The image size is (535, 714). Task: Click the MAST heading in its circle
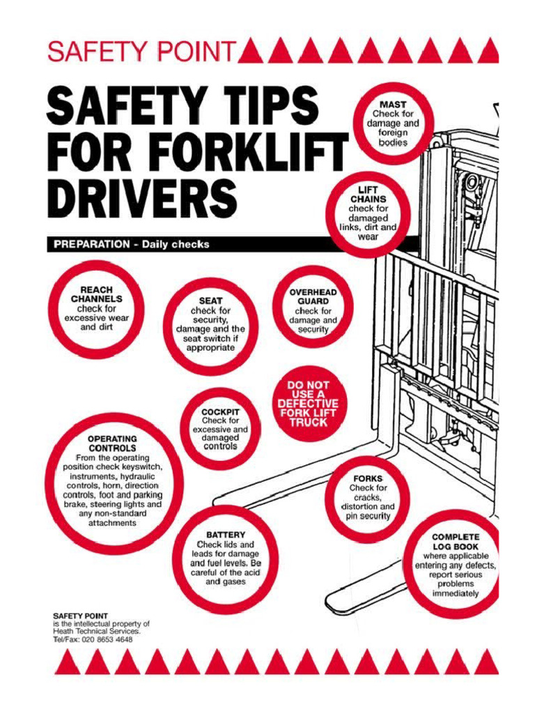coord(393,105)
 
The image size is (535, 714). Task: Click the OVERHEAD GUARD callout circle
coord(313,307)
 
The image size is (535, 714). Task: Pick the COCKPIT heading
coord(220,411)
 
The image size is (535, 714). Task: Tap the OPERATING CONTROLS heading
coord(112,443)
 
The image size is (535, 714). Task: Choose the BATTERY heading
coord(225,534)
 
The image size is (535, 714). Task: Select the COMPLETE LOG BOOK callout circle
coord(455,565)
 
